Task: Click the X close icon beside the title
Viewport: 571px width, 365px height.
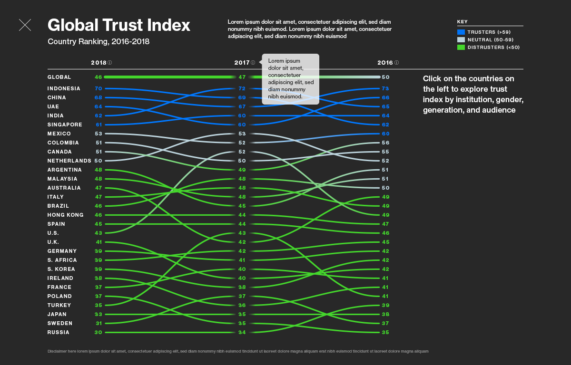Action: [25, 25]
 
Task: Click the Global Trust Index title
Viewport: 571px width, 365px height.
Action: [118, 25]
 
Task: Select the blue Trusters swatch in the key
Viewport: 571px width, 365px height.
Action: [461, 32]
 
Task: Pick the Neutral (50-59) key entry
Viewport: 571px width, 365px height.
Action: [490, 39]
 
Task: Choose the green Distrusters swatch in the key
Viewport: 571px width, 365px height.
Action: [461, 47]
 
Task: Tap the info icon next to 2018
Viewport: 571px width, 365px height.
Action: [110, 63]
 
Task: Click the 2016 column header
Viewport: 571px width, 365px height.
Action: [384, 63]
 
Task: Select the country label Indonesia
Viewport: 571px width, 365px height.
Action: [64, 88]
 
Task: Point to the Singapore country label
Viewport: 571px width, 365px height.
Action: [65, 125]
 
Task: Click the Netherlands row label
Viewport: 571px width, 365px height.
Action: [69, 161]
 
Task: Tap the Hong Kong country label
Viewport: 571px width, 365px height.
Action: [65, 215]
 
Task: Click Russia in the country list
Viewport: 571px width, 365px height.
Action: [58, 332]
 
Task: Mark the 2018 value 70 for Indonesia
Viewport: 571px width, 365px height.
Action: [98, 88]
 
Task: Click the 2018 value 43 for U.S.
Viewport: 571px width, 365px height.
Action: [98, 233]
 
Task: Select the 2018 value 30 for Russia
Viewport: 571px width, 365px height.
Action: [98, 332]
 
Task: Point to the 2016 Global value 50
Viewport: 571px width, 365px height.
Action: [385, 77]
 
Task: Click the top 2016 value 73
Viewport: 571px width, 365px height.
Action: [385, 88]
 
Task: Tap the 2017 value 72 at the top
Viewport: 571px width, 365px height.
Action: [242, 88]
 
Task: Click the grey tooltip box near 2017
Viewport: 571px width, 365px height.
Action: [290, 79]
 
